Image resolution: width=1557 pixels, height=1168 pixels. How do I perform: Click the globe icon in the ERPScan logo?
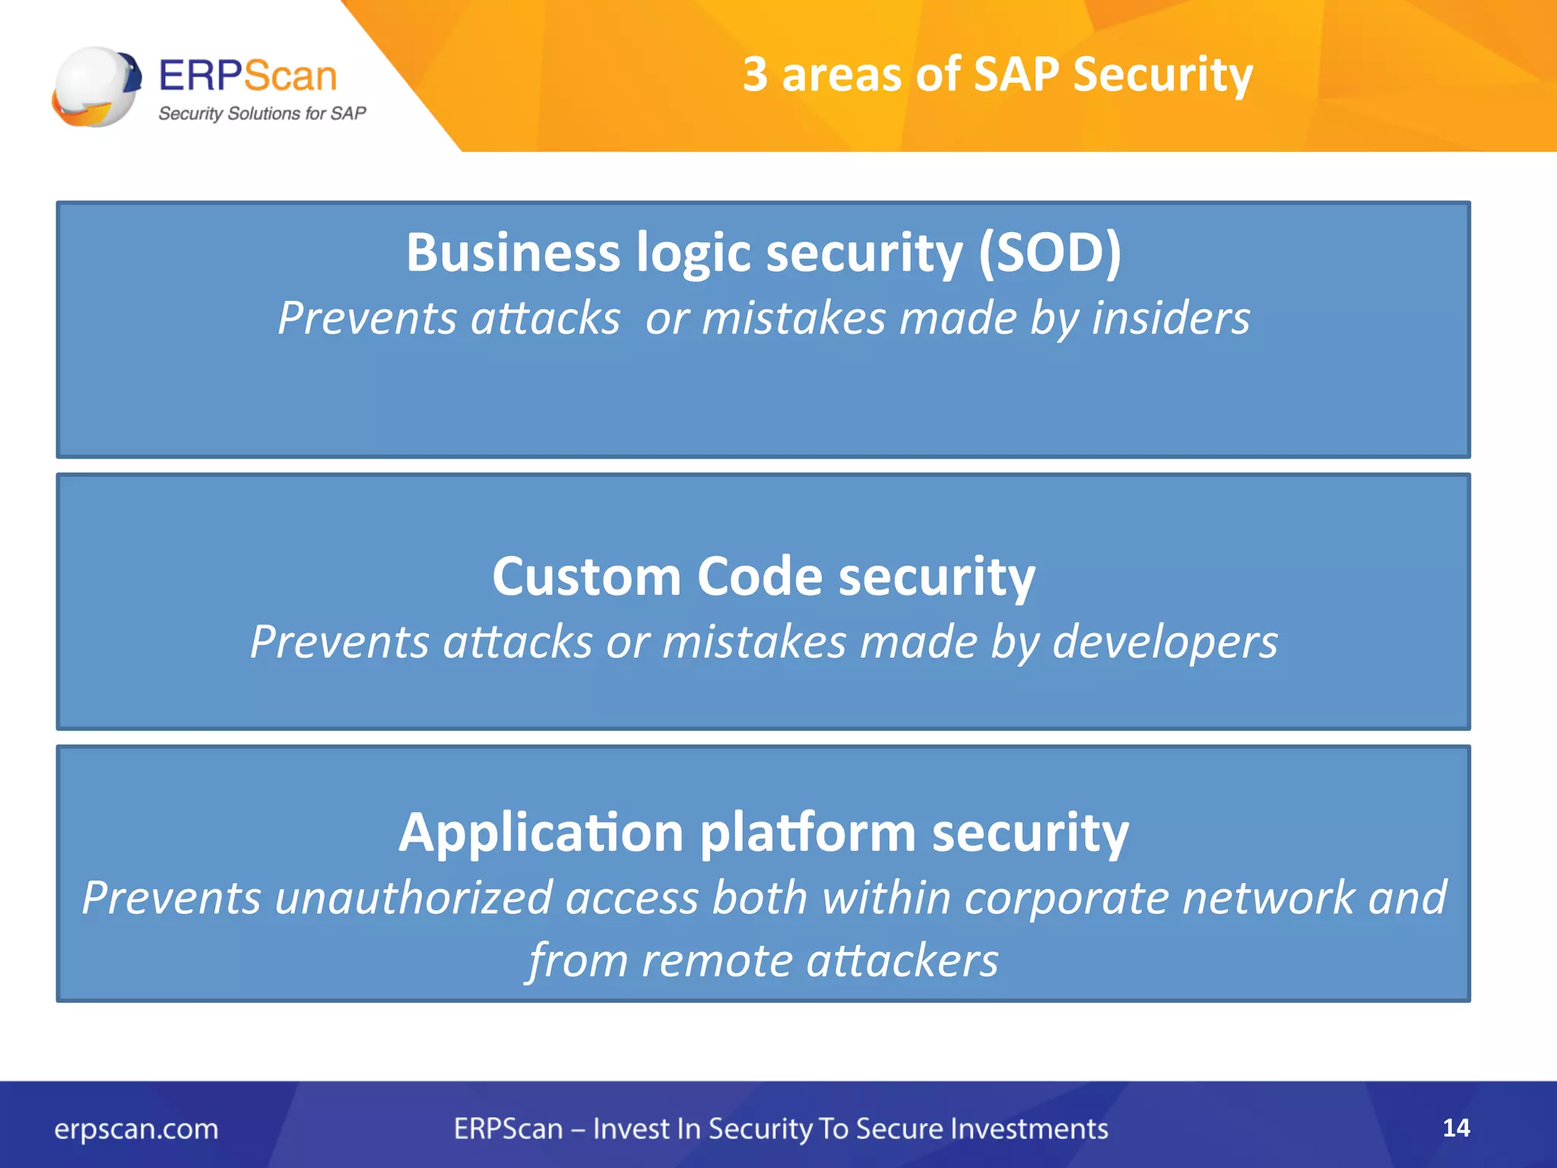[97, 86]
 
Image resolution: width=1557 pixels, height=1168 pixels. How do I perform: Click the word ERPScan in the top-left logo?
[248, 76]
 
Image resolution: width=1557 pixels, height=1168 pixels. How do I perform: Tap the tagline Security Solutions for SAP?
[262, 113]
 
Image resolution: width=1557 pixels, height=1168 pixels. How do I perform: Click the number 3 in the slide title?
[755, 75]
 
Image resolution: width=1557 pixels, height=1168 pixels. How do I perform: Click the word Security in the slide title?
[1162, 76]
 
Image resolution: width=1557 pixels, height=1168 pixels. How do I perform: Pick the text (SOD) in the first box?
[1049, 252]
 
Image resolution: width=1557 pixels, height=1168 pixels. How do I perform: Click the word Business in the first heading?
[512, 252]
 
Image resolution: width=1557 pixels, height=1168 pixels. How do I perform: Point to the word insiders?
[1171, 318]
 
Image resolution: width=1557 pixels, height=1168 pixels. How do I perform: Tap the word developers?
[1165, 643]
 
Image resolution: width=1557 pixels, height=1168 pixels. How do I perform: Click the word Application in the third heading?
[541, 833]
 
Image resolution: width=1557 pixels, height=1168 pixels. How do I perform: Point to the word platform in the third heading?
[807, 833]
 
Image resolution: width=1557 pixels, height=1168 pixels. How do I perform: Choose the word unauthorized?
[413, 898]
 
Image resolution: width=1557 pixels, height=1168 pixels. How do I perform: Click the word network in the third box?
[1269, 898]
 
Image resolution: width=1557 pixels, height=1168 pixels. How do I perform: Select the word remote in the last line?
[716, 960]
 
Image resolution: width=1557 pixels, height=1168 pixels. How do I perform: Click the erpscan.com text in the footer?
[136, 1128]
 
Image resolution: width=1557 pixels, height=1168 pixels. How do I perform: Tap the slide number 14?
[1456, 1128]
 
